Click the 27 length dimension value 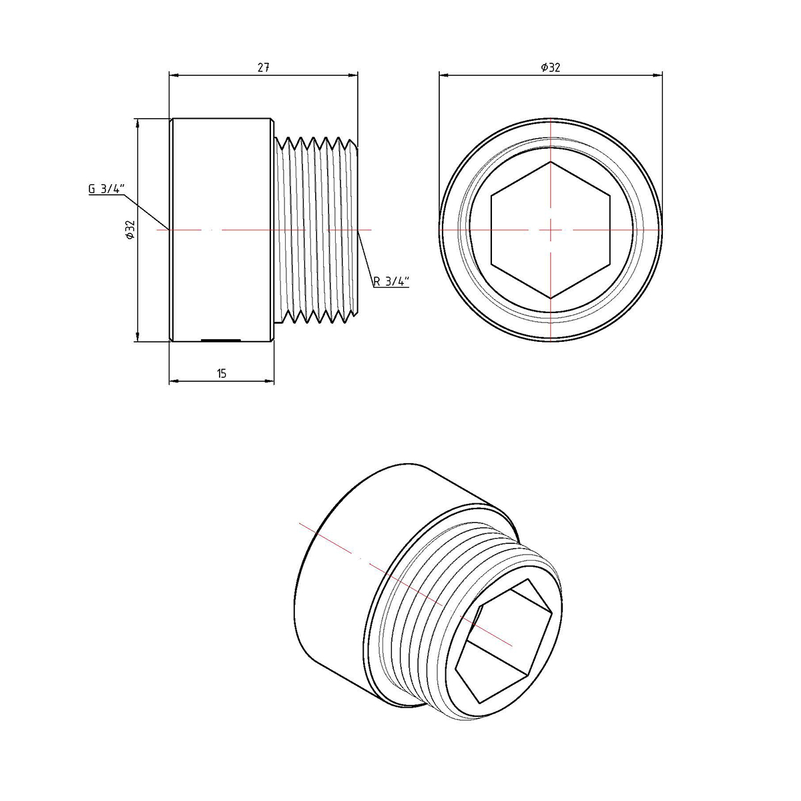point(264,67)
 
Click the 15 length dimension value point(222,374)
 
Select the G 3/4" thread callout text point(106,189)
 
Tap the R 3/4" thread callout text point(391,282)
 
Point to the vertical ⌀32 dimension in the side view point(131,230)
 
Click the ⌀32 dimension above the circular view point(551,67)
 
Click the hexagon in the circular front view point(551,230)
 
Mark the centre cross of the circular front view point(551,230)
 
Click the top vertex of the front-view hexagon point(551,162)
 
